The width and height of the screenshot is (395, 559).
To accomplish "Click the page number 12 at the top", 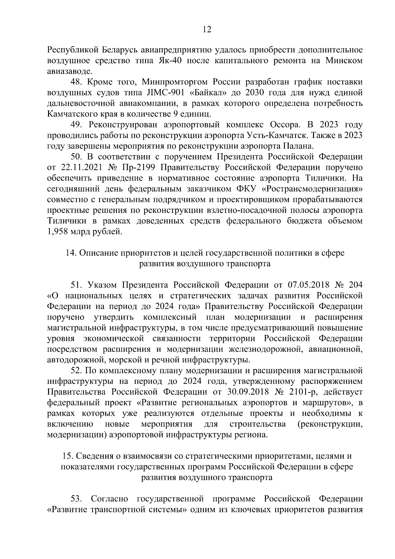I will coord(207,30).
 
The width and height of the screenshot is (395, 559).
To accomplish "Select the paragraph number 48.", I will coord(76,82).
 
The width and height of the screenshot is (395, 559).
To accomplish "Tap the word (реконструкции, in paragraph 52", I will coord(330,424).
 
